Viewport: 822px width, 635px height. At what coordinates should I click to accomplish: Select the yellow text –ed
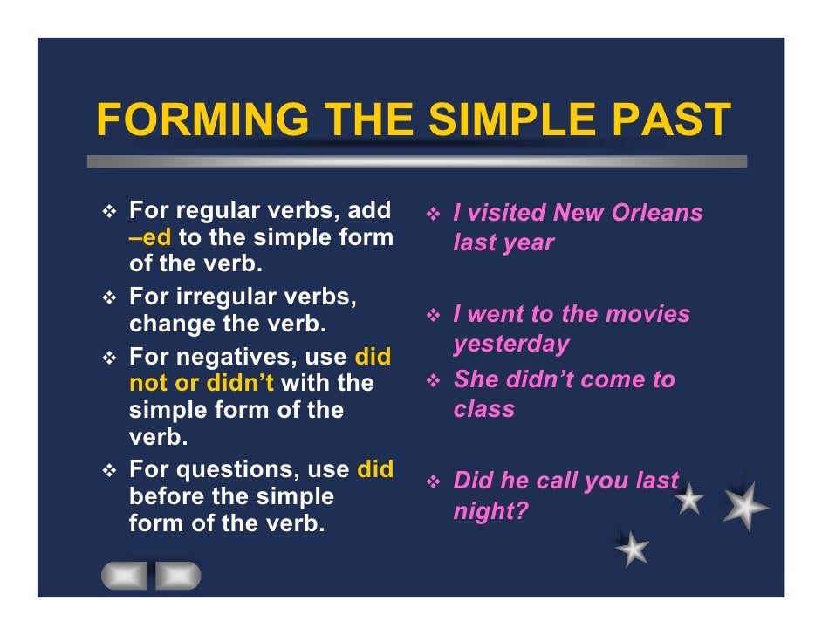point(150,238)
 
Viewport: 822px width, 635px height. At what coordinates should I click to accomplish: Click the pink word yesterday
point(511,344)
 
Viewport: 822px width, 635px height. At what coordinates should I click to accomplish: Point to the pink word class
point(484,409)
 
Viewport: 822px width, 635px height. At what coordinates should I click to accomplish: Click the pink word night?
point(491,510)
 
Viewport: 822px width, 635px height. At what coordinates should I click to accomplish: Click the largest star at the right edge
point(746,507)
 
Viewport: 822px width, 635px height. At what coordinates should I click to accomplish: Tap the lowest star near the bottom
point(633,549)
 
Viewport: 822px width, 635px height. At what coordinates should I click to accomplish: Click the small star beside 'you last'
point(689,500)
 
